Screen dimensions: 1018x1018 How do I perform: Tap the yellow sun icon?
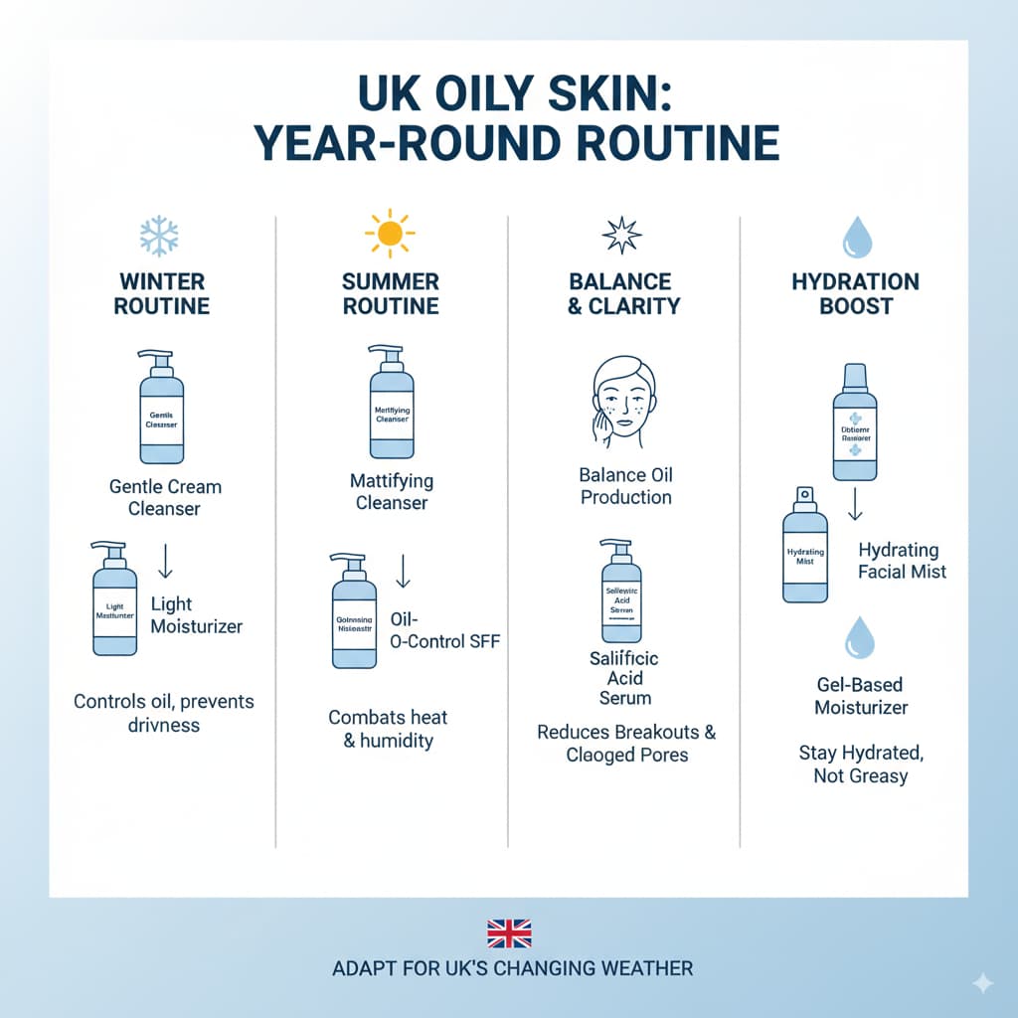point(390,235)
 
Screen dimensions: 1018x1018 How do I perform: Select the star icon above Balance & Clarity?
point(621,235)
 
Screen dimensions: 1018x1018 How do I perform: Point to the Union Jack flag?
point(509,933)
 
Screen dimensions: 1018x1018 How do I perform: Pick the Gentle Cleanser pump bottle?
point(161,408)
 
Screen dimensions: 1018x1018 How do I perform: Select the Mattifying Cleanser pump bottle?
point(391,403)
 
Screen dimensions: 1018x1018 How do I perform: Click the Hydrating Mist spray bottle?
point(804,547)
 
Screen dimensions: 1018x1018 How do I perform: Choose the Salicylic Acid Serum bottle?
point(619,594)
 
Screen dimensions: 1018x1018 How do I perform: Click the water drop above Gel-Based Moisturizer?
point(858,637)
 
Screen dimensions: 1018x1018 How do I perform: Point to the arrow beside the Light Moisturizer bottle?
point(166,562)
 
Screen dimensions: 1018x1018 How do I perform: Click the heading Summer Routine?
point(391,293)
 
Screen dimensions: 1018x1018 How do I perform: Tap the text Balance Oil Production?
point(626,486)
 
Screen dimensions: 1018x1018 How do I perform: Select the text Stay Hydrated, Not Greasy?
point(860,764)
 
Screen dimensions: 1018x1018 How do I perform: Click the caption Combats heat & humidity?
point(389,729)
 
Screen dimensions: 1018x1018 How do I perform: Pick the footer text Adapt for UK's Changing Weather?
point(513,968)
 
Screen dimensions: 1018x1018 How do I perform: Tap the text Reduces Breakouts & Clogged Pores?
point(626,744)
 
